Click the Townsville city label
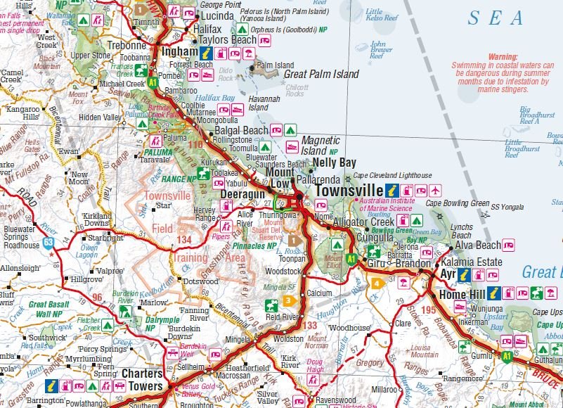pyautogui.click(x=347, y=191)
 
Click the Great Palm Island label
pyautogui.click(x=321, y=74)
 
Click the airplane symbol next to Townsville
pyautogui.click(x=435, y=191)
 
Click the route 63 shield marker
pyautogui.click(x=48, y=243)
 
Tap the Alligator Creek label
pyautogui.click(x=364, y=222)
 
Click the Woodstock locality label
pyautogui.click(x=284, y=271)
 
